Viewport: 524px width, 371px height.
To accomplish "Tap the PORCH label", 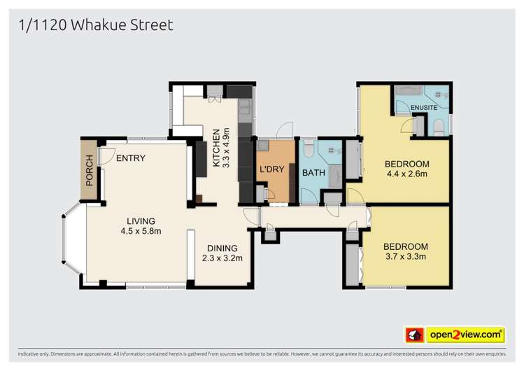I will [x=89, y=169].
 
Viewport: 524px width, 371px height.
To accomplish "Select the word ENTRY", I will [x=131, y=158].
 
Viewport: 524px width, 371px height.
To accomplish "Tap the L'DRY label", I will [x=271, y=170].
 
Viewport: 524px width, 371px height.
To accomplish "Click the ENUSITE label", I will [x=424, y=108].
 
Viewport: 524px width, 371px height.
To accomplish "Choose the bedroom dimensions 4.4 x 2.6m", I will [x=406, y=174].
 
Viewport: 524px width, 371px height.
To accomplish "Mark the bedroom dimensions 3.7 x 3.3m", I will [x=405, y=256].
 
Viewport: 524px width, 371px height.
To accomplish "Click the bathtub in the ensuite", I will [x=409, y=92].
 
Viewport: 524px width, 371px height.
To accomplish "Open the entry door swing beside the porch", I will [x=105, y=157].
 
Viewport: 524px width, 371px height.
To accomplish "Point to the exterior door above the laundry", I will [x=283, y=131].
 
